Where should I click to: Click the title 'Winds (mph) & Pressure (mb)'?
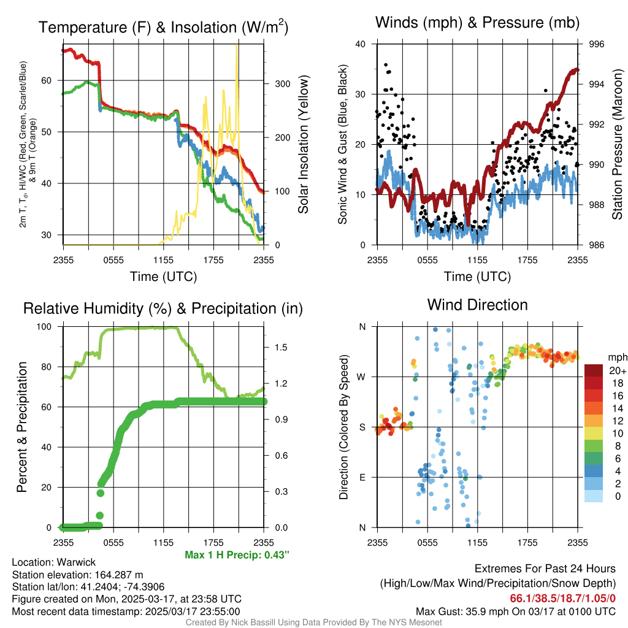[477, 23]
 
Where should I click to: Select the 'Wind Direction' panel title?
[477, 305]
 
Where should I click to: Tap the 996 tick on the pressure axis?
[597, 44]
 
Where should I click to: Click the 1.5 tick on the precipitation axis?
[280, 347]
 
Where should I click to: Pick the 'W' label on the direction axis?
[362, 377]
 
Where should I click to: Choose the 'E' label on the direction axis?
[362, 477]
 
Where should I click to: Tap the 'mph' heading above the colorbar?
[616, 357]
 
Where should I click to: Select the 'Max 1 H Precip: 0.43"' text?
[237, 555]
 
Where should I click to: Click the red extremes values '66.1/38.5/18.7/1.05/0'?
[562, 597]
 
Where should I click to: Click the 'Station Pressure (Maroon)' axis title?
[618, 144]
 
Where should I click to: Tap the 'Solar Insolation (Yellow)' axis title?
[304, 144]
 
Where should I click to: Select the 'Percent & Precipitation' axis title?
[21, 427]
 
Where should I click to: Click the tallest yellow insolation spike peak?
[237, 45]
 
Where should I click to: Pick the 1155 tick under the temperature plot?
[164, 260]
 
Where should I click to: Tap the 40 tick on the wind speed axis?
[361, 44]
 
